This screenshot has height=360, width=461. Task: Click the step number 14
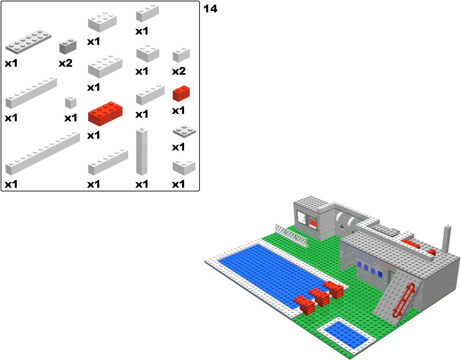210,9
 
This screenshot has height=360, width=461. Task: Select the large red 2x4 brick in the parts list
105,114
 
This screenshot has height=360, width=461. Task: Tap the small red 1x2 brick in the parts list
181,93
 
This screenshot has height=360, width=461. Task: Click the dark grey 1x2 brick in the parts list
68,46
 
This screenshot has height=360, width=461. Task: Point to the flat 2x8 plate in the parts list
28,42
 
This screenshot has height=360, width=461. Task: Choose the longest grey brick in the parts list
43,154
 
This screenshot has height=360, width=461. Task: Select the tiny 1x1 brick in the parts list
71,103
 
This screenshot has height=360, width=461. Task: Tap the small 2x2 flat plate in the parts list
184,131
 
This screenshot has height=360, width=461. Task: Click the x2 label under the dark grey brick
66,63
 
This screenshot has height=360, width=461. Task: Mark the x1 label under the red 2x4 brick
93,135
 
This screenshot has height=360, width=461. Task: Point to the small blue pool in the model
346,334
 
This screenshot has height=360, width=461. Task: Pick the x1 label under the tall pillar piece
142,184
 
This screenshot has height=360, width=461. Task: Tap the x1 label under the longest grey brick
11,184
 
